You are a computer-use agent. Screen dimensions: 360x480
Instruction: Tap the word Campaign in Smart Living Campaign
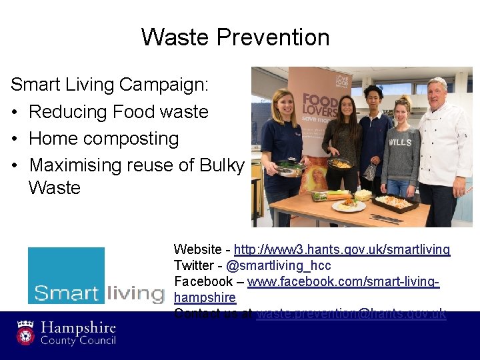(x=164, y=85)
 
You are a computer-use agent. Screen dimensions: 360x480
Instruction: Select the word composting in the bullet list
(x=132, y=139)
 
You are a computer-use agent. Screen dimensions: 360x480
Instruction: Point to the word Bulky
(x=222, y=165)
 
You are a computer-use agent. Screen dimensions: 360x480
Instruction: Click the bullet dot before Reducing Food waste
(x=15, y=112)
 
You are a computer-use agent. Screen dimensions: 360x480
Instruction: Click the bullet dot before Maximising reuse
(x=15, y=165)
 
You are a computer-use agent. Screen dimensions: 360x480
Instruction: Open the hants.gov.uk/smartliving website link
(x=342, y=249)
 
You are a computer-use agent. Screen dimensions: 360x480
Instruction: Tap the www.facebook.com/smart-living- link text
(x=343, y=281)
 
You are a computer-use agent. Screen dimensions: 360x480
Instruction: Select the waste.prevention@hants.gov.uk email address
(x=351, y=313)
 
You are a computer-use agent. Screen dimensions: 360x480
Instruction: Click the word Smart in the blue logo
(x=66, y=293)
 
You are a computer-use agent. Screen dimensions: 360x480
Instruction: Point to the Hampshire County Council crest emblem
(x=26, y=331)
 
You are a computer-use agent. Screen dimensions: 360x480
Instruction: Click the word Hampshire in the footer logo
(x=79, y=328)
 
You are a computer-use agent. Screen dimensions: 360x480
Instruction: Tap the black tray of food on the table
(x=397, y=203)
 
